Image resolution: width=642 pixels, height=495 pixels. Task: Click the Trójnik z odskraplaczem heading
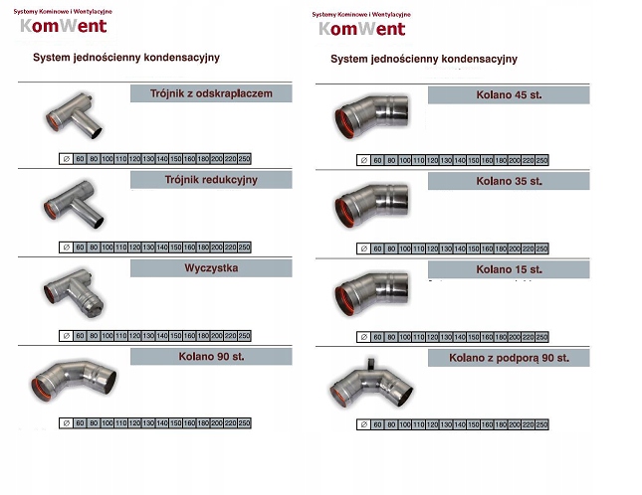point(211,94)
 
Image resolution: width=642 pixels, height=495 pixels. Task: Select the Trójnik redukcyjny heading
point(211,180)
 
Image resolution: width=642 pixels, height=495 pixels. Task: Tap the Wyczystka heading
point(211,268)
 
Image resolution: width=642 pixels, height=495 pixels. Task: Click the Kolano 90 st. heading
point(211,356)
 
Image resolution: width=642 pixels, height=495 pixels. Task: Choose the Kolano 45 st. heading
point(509,95)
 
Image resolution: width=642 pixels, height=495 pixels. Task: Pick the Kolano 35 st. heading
point(509,182)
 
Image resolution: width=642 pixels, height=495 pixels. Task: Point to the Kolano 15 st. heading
point(509,269)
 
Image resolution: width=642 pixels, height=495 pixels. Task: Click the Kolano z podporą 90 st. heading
point(509,357)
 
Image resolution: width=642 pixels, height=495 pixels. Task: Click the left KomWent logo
point(63,24)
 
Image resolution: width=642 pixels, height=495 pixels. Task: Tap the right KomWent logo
point(361,27)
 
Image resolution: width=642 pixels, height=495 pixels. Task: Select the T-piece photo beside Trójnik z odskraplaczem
point(73,118)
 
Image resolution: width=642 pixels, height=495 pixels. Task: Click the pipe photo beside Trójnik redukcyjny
point(74,205)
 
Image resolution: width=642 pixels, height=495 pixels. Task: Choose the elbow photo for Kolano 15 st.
point(371,291)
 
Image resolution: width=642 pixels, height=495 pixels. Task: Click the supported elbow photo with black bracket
point(371,383)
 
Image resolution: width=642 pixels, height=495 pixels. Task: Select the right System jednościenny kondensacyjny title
point(423,59)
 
